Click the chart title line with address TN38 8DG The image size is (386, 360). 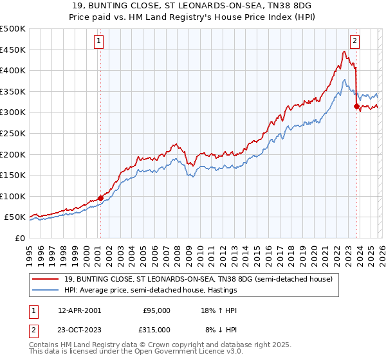pos(192,5)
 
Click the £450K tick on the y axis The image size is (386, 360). pos(13,50)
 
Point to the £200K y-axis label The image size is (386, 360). pos(13,154)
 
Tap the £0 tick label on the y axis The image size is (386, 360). pos(19,238)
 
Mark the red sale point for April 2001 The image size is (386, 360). pos(100,198)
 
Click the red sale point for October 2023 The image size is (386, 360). pos(356,107)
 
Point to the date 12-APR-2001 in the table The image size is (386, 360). pos(79,310)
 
